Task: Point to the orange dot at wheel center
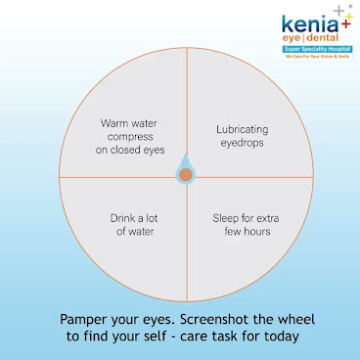(x=185, y=176)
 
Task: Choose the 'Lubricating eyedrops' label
(x=241, y=136)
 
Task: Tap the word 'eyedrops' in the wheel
(x=241, y=143)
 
